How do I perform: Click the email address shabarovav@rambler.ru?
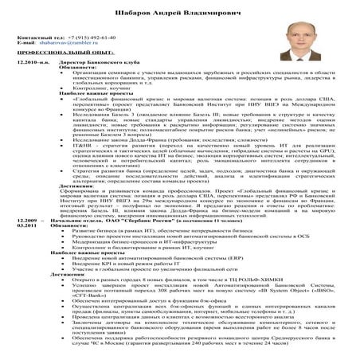(x=68, y=43)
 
